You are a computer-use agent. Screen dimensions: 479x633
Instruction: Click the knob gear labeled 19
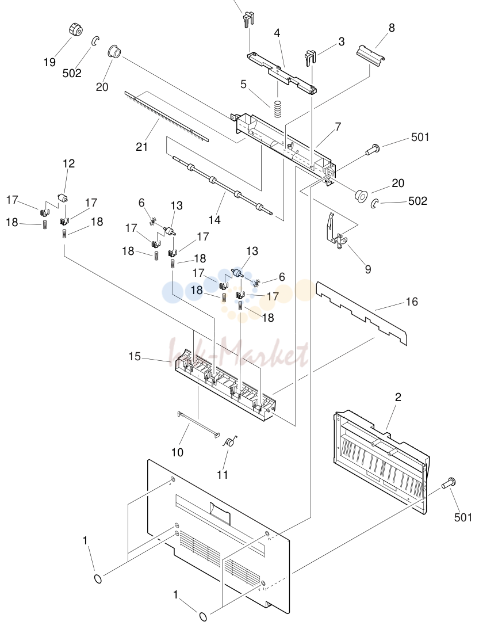[74, 29]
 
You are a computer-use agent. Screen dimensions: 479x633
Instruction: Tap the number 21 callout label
[141, 147]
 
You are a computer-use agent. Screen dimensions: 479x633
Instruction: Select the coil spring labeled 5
[277, 108]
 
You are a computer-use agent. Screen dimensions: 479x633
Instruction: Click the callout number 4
[277, 33]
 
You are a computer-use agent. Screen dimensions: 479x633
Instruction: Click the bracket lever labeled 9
[336, 230]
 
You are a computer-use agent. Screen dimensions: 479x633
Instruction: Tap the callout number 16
[412, 302]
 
